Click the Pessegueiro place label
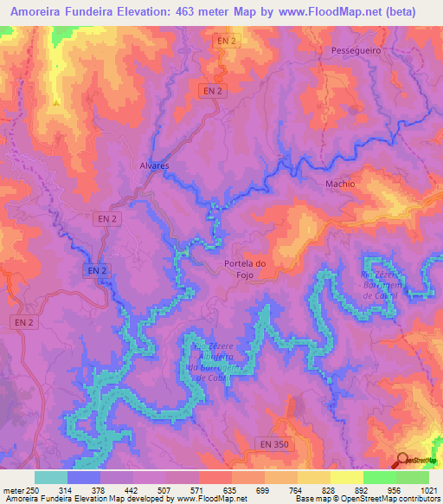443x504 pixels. click(356, 51)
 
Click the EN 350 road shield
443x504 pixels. click(272, 443)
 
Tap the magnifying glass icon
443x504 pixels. click(403, 461)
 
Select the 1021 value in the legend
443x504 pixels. click(419, 489)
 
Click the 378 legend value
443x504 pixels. click(117, 489)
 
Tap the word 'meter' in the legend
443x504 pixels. click(13, 489)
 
